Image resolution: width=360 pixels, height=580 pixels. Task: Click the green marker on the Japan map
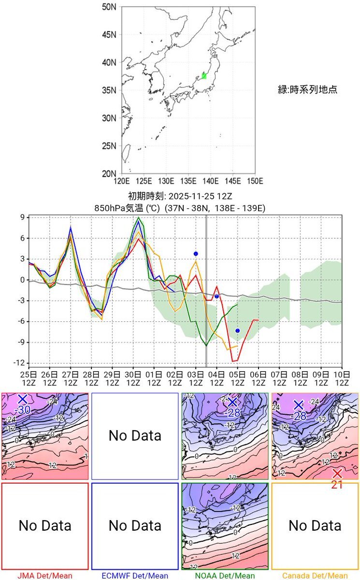tap(204, 76)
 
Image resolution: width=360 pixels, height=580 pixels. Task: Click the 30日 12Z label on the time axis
tap(133, 378)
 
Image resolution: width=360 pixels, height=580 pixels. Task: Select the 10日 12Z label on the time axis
tap(342, 378)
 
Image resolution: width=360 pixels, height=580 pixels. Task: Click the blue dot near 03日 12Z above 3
tap(196, 254)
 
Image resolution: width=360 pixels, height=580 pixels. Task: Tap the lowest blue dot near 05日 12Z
tap(237, 331)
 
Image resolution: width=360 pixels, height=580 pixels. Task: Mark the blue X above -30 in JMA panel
tap(22, 399)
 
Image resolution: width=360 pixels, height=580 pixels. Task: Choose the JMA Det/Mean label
tap(45, 575)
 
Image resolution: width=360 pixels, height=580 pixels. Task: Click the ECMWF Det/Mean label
tap(135, 575)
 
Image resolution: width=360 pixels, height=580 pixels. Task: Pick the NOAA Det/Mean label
tap(225, 575)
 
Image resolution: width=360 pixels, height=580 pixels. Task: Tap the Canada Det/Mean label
tap(315, 575)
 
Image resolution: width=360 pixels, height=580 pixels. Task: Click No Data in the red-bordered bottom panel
tap(45, 525)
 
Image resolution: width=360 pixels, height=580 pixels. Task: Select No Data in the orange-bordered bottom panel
tap(315, 525)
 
